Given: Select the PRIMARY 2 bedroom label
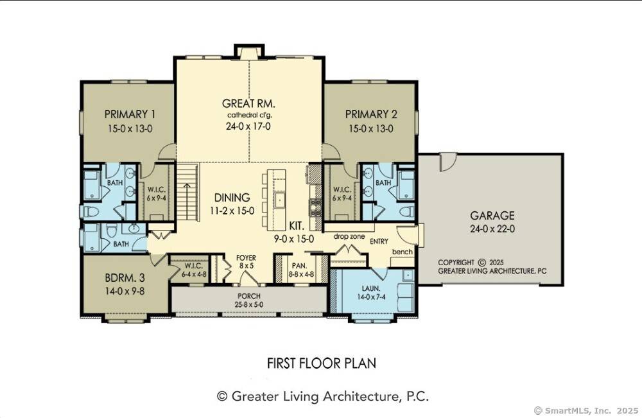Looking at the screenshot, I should [x=371, y=114].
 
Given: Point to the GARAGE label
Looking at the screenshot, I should [x=492, y=216].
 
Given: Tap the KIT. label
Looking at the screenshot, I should [x=296, y=226].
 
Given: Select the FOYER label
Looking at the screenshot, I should [x=246, y=257].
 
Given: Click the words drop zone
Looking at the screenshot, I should [x=349, y=237].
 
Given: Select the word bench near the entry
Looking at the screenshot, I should [x=402, y=252].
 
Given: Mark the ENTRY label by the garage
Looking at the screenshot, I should [x=379, y=241].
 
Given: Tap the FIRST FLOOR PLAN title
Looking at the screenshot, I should [x=321, y=363].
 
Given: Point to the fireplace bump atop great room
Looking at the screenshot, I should [x=248, y=51].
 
